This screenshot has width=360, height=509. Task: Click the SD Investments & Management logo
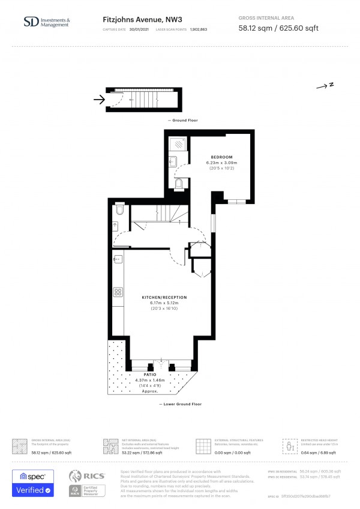46,22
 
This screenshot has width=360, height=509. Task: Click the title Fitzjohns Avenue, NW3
134,19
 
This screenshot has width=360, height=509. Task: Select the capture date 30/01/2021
140,29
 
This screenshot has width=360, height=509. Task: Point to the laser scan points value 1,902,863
199,29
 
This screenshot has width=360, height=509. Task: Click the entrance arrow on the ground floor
97,100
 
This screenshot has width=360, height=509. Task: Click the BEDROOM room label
221,157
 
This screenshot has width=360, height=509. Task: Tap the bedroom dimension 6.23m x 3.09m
221,163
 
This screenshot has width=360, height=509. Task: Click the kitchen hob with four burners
118,293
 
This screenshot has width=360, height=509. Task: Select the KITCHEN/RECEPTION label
164,298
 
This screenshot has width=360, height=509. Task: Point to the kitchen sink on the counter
118,259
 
